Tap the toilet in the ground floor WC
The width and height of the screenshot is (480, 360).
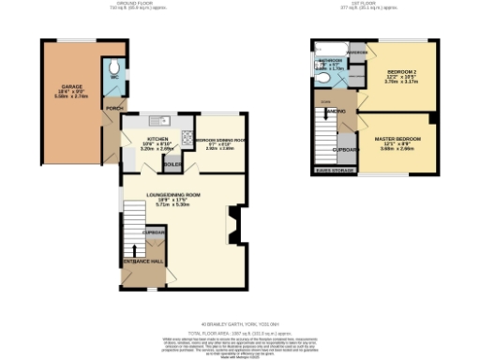(x=113, y=66)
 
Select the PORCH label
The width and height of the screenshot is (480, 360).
(x=113, y=107)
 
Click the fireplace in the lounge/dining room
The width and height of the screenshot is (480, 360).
(x=233, y=224)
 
